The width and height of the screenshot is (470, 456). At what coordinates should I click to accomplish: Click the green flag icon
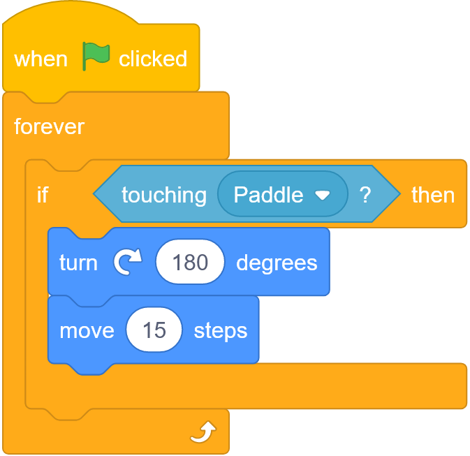[x=96, y=56]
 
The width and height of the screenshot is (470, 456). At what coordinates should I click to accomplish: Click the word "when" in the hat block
[x=41, y=59]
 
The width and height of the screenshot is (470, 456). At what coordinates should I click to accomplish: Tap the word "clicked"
[x=153, y=59]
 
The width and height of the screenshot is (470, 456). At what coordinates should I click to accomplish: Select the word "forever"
[x=49, y=126]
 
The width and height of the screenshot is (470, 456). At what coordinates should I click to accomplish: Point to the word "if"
[x=43, y=195]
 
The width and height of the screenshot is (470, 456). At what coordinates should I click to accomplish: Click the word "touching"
[x=164, y=196]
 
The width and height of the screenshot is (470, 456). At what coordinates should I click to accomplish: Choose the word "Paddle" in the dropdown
[x=268, y=195]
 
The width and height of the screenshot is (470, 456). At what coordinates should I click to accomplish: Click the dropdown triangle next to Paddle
[x=322, y=196]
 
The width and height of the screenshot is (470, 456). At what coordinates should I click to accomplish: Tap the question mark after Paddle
[x=365, y=195]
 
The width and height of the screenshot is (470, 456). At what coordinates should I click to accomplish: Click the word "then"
[x=433, y=195]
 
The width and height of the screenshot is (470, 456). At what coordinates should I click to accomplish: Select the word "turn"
[x=78, y=263]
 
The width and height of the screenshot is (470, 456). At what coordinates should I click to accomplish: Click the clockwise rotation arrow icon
[x=128, y=261]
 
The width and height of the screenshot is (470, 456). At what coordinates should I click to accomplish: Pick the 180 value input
[x=190, y=262]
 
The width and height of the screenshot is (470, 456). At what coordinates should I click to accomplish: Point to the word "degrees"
[x=277, y=264]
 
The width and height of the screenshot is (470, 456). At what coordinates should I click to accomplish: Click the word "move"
[x=87, y=331]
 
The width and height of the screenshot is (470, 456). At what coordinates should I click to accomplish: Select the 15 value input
[x=154, y=330]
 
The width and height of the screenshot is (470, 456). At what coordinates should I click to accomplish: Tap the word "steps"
[x=221, y=331]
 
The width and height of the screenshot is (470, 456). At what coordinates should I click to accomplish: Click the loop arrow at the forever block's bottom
[x=203, y=432]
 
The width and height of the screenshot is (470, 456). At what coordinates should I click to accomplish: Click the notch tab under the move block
[x=90, y=369]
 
